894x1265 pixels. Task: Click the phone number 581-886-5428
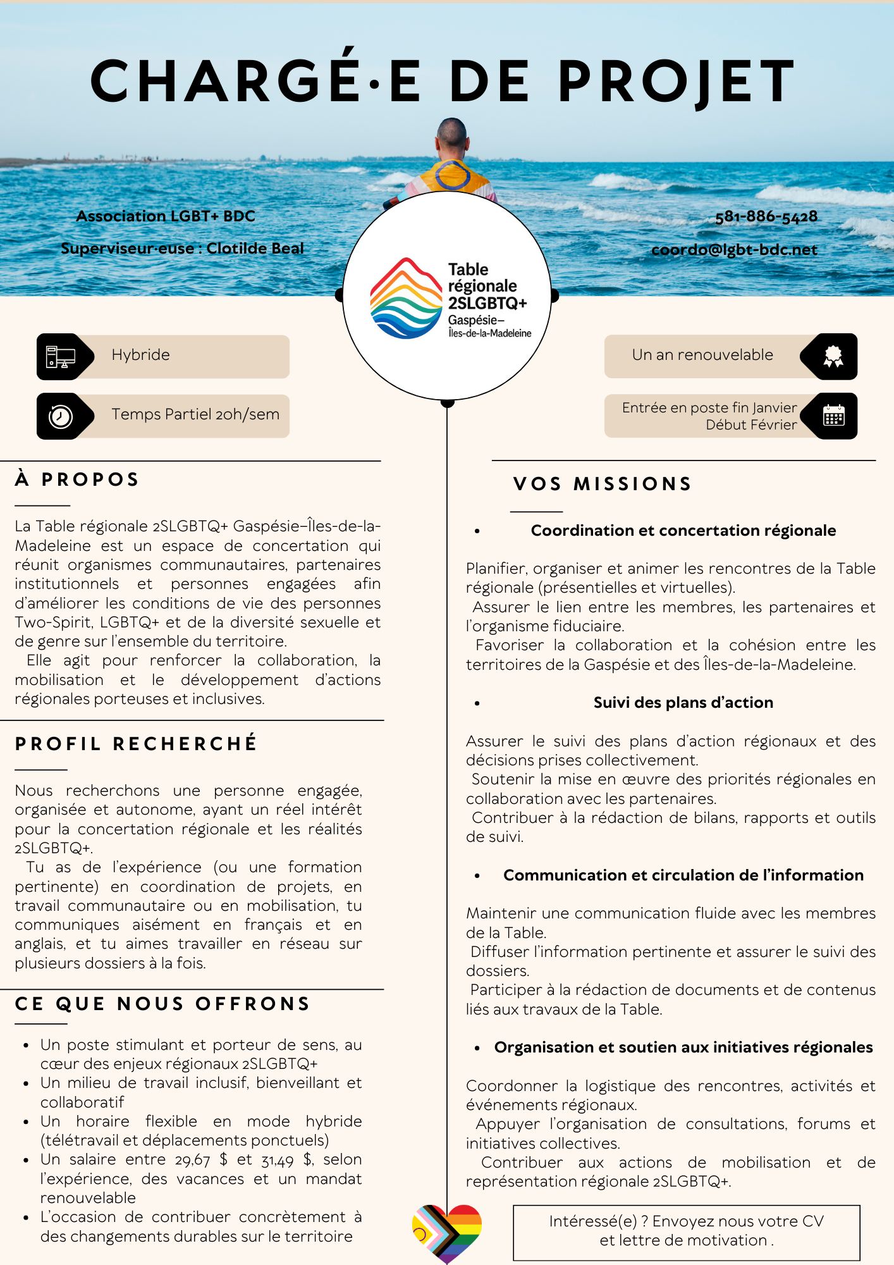click(x=766, y=217)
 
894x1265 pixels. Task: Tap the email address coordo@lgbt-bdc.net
click(x=734, y=250)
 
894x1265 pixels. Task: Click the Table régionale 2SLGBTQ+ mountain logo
click(x=406, y=298)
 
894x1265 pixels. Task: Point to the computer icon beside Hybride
click(x=61, y=357)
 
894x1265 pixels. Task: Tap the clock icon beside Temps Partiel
click(x=61, y=416)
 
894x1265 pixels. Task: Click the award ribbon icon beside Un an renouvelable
click(x=833, y=357)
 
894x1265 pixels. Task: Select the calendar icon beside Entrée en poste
click(x=833, y=416)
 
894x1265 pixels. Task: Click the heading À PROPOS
click(x=77, y=479)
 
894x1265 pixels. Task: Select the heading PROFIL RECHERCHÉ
click(x=136, y=743)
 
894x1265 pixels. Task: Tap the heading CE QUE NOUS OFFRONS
click(x=162, y=1004)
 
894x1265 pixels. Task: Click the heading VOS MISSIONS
click(x=603, y=484)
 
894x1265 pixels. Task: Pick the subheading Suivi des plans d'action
click(x=683, y=703)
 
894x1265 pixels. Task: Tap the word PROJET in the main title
click(x=676, y=82)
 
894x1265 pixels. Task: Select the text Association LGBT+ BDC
click(x=166, y=216)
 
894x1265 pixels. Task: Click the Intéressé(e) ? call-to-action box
click(x=686, y=1232)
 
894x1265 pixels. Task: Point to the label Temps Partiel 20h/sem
click(x=195, y=414)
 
